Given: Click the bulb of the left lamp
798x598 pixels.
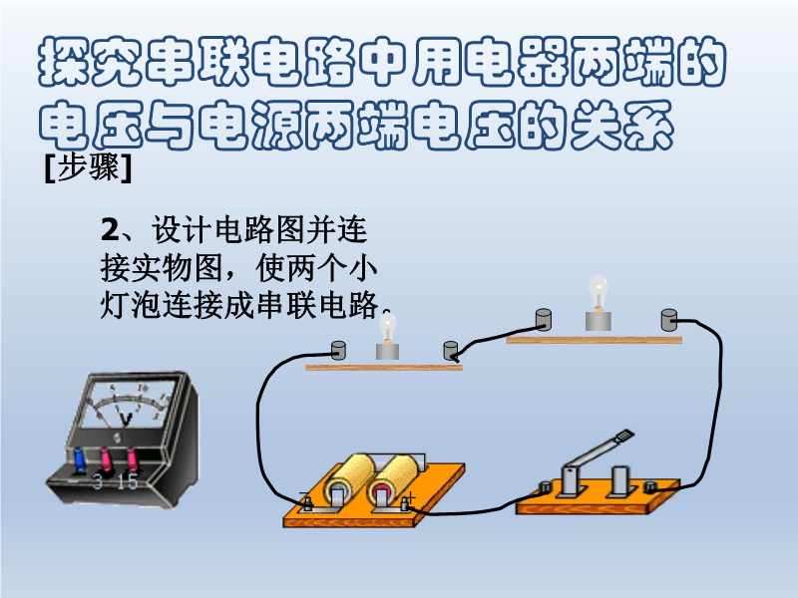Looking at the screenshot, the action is (x=388, y=327).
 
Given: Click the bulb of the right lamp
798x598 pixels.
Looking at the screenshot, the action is (x=598, y=292).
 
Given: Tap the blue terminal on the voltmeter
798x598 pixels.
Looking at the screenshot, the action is (x=80, y=458).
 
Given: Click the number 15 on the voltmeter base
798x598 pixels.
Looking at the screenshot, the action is (x=128, y=481).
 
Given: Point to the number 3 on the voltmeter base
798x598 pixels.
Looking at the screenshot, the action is (x=98, y=481).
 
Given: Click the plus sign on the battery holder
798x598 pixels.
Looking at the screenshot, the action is (x=411, y=496).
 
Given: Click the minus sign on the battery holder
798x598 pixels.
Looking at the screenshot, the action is (x=303, y=493).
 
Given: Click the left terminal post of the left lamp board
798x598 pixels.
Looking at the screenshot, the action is (x=338, y=351).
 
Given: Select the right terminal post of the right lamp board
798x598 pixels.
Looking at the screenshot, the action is (x=668, y=320).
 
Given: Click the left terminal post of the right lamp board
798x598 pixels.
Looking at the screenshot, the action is (x=544, y=319).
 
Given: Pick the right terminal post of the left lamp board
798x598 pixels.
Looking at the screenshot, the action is (x=451, y=351).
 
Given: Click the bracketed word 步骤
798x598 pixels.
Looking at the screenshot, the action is (x=88, y=167).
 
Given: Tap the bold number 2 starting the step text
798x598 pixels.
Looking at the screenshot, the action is (x=110, y=229).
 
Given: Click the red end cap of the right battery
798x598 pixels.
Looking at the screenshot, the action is (x=381, y=491).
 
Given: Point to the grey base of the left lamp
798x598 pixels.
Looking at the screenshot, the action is (x=387, y=352).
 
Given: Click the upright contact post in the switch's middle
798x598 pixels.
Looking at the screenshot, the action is (x=619, y=480).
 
